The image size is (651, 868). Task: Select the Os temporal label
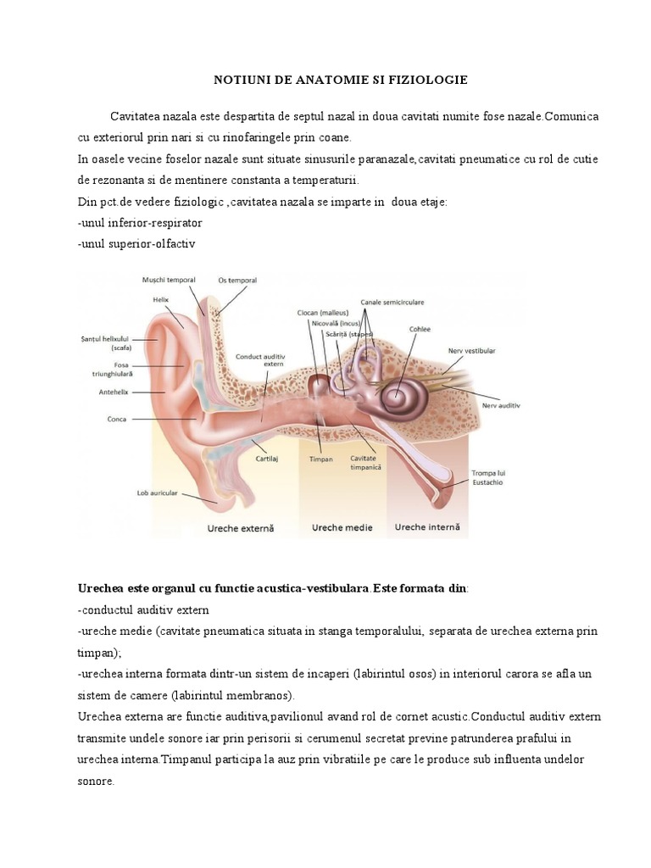pyautogui.click(x=237, y=281)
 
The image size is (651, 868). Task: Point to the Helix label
pyautogui.click(x=161, y=299)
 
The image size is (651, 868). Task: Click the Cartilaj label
pyautogui.click(x=268, y=458)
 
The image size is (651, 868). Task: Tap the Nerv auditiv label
pyautogui.click(x=500, y=406)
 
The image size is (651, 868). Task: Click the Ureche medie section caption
pyautogui.click(x=342, y=527)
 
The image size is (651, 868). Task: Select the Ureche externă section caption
pyautogui.click(x=242, y=528)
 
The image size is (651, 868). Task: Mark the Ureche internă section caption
pyautogui.click(x=427, y=527)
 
